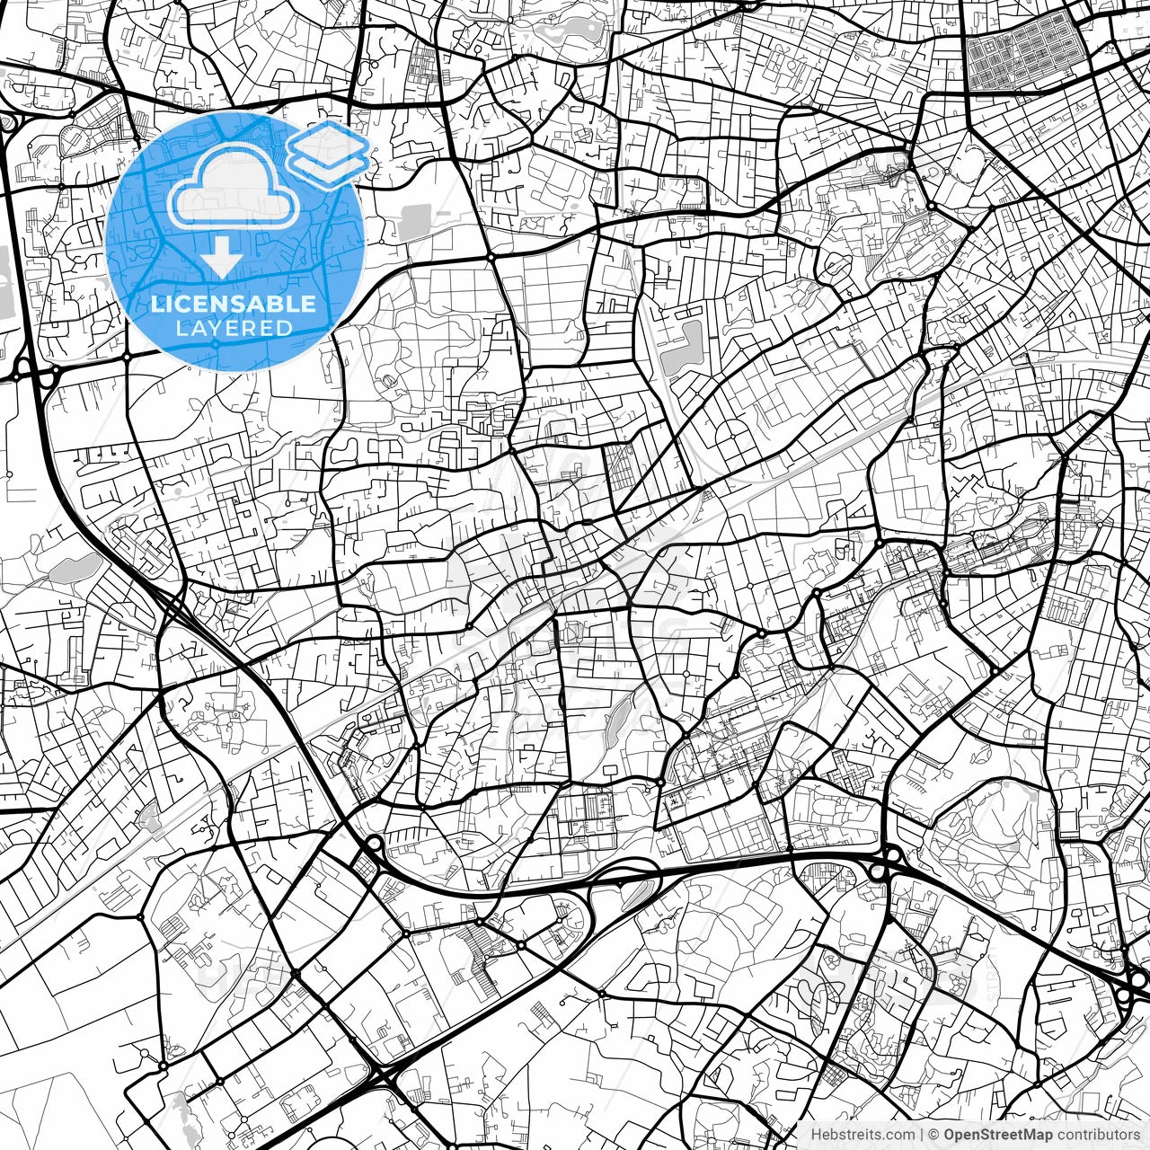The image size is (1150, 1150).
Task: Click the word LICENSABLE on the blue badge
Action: [x=234, y=304]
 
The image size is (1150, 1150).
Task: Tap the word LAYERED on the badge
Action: [x=234, y=329]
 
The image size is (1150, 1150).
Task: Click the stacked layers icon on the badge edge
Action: [x=329, y=153]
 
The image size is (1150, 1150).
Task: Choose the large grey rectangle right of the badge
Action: [x=414, y=222]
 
